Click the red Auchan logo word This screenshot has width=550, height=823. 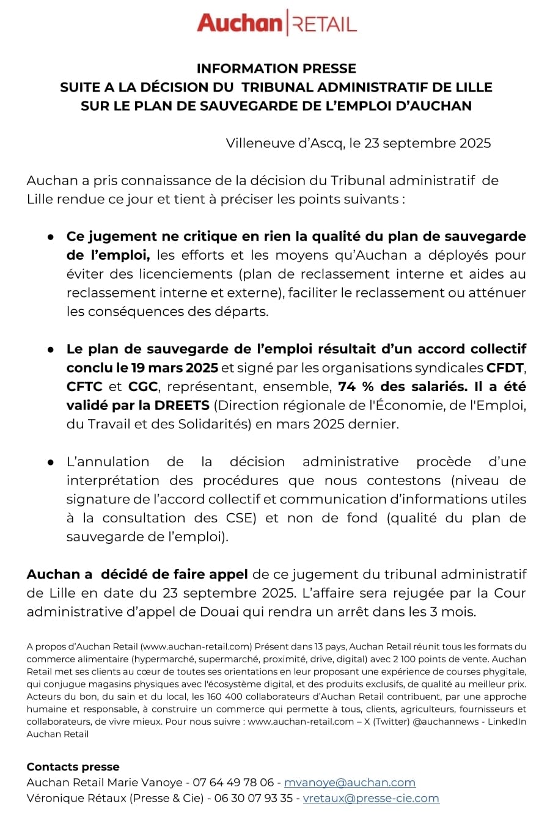(x=239, y=24)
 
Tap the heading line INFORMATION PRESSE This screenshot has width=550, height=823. (x=276, y=68)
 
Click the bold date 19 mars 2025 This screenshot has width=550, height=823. (x=175, y=368)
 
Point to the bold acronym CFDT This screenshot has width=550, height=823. (x=505, y=368)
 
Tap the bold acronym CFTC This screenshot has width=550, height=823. (x=84, y=387)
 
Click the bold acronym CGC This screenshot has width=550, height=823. (x=143, y=387)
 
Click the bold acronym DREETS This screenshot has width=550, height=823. (x=182, y=406)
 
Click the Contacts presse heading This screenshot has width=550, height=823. (x=73, y=767)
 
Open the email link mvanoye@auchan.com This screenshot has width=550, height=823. (x=350, y=783)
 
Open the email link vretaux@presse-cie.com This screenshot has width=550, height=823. (x=371, y=798)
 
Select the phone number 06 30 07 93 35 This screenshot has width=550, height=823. (x=253, y=798)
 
